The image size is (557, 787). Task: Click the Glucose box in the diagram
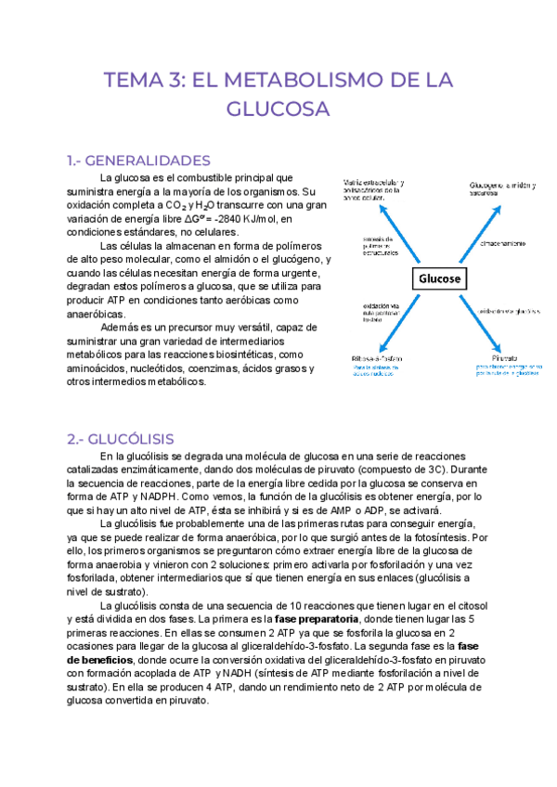pyautogui.click(x=440, y=278)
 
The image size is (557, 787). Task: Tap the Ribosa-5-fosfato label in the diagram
pyautogui.click(x=376, y=356)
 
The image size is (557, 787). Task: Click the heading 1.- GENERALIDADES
pyautogui.click(x=134, y=160)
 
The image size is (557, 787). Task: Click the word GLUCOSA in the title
pyautogui.click(x=278, y=110)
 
